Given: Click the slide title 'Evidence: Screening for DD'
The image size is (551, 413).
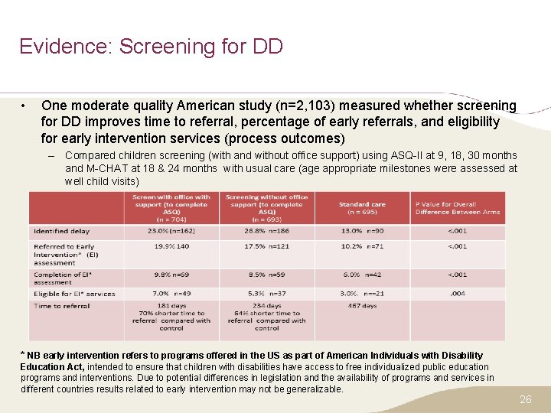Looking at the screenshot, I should [x=151, y=46].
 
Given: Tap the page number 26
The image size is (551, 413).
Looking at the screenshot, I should [x=525, y=399].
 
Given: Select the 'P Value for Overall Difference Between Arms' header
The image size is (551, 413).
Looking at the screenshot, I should [x=458, y=208].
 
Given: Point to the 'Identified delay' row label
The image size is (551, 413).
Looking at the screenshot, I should [x=61, y=231].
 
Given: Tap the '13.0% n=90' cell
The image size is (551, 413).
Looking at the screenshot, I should [x=362, y=231].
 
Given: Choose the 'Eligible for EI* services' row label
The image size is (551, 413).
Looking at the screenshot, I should [x=74, y=294].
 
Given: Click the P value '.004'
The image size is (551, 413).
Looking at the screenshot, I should [x=457, y=294].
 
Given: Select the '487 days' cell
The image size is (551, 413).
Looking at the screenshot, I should [x=362, y=306].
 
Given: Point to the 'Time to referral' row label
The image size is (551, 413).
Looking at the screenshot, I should [x=62, y=306].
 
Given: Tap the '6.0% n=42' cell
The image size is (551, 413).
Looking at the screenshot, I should [x=362, y=274].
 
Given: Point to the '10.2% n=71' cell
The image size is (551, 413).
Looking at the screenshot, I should [x=362, y=246].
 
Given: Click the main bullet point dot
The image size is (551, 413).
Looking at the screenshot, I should [x=25, y=106].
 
